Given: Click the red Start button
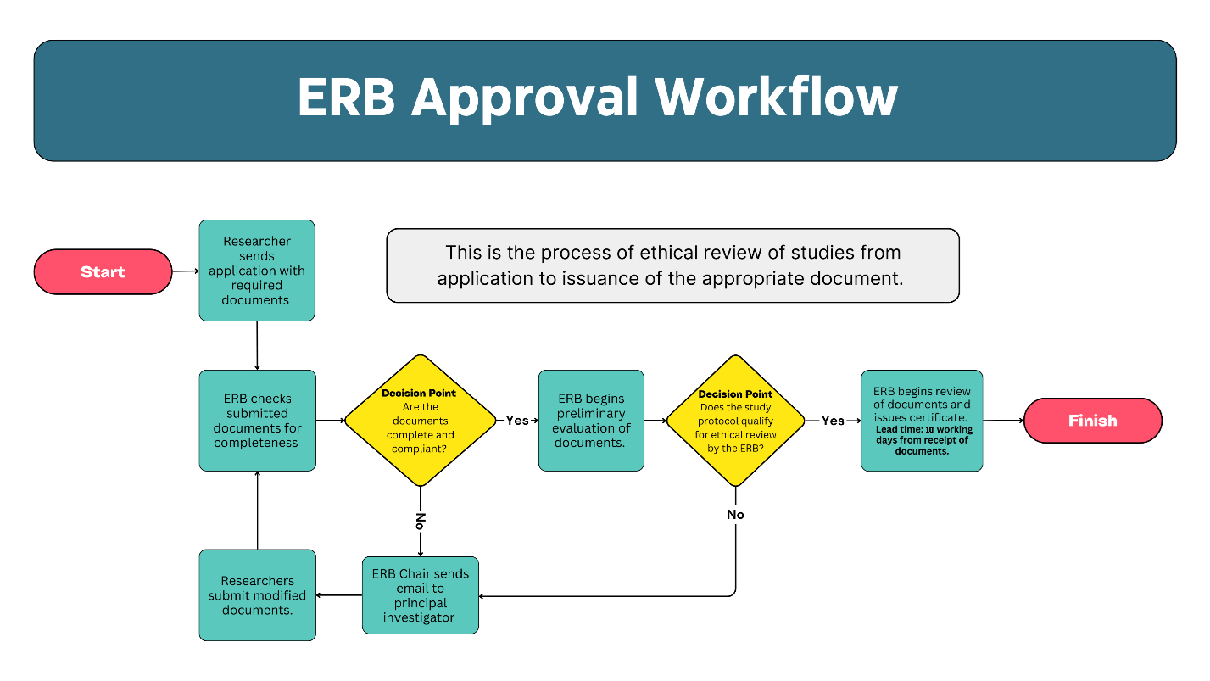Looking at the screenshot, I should (103, 271).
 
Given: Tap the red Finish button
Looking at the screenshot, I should (1092, 421).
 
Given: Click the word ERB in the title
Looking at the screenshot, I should (346, 98).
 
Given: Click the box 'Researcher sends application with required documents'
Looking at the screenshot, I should (256, 271).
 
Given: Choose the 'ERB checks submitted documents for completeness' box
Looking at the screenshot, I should (257, 421).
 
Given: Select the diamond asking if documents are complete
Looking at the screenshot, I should (420, 421).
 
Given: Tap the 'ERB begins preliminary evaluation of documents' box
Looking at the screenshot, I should (591, 421).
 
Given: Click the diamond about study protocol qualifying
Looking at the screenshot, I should (735, 421).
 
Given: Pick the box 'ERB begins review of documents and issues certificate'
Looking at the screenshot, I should (923, 421).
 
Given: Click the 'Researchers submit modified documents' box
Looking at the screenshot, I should (257, 595).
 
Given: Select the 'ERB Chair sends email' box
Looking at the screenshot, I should (420, 595).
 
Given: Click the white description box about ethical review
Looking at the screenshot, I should (672, 265).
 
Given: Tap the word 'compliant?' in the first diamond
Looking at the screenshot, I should (419, 449).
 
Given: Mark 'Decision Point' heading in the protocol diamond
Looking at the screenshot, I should (735, 394).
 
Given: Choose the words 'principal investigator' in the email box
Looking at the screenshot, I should (419, 611).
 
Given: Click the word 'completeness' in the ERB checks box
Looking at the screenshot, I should (256, 443).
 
